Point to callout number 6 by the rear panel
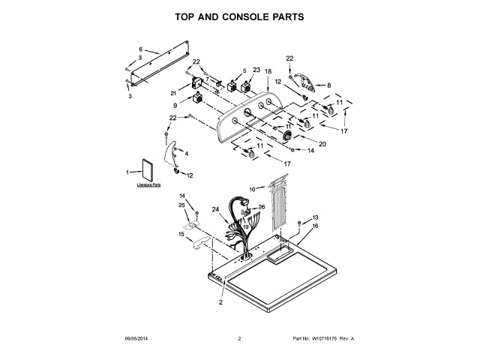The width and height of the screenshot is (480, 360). pos(140,49)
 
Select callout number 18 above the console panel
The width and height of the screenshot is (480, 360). pos(268,70)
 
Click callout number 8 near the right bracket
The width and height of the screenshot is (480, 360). pos(328,85)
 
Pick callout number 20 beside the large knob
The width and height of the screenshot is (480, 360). pos(322,143)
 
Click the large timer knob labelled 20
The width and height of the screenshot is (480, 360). pos(289,135)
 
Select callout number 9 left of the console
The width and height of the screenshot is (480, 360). pos(175,106)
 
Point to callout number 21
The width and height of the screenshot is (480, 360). pos(172,93)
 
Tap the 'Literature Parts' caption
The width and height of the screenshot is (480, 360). pos(148,184)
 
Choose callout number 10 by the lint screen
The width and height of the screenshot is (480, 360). pos(252,188)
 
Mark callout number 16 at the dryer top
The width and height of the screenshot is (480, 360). pos(315,225)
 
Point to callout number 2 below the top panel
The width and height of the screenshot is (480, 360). pos(220,303)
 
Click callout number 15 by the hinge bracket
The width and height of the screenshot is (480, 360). pos(181,234)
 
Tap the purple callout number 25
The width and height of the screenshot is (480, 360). pos(181,205)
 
